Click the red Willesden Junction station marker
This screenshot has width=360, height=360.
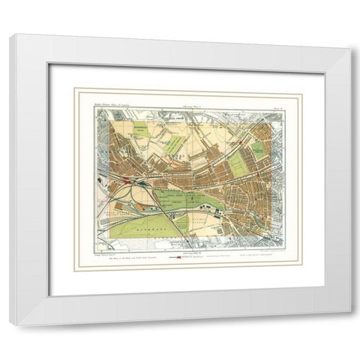coord(129,181)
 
